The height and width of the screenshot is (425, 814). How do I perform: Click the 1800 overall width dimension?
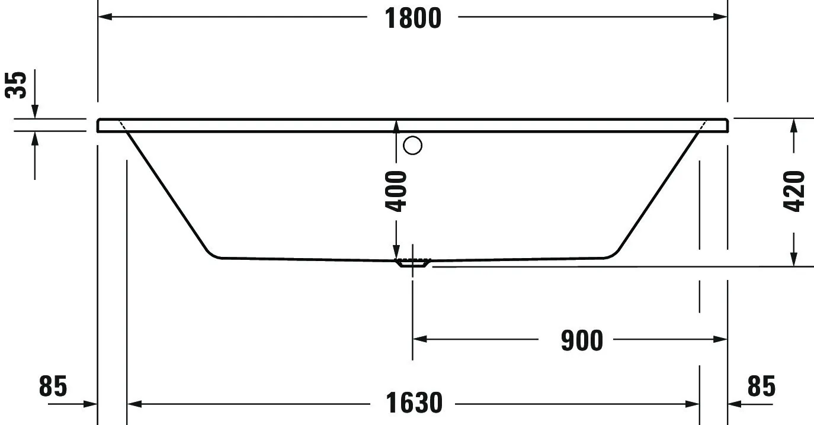[x=413, y=18]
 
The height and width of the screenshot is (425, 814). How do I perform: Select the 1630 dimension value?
[x=414, y=404]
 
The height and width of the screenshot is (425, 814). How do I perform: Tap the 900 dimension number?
[x=582, y=340]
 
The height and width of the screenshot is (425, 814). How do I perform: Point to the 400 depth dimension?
[x=396, y=191]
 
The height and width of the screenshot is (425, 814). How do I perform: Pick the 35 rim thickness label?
[x=17, y=85]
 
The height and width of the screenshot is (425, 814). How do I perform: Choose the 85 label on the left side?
[x=53, y=387]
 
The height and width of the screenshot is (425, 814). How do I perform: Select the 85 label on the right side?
[x=761, y=387]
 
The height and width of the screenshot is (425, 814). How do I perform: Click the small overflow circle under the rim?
[x=412, y=145]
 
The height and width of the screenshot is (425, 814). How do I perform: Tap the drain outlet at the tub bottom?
[x=414, y=263]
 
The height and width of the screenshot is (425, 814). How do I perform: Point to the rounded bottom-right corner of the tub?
[x=612, y=254]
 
